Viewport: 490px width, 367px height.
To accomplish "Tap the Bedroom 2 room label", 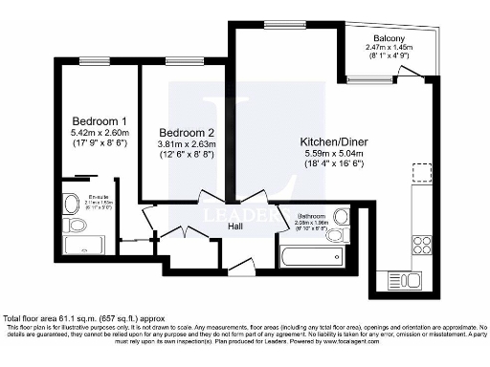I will (186, 131).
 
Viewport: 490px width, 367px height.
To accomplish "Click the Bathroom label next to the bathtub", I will (312, 215).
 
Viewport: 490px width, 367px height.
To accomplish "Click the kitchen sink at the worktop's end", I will (399, 280).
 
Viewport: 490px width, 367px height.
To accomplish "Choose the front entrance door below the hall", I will (242, 269).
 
